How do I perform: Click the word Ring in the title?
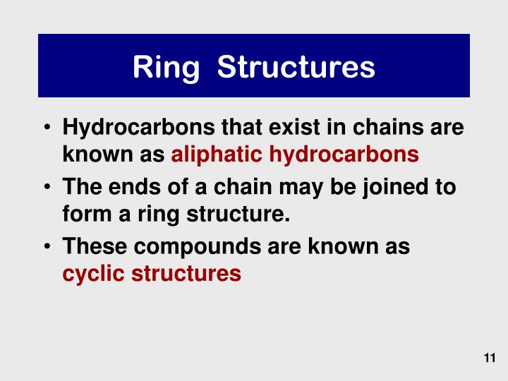pos(167,67)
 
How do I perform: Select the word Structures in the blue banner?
pos(296,67)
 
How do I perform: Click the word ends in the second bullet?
pos(132,188)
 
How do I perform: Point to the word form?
pos(84,214)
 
